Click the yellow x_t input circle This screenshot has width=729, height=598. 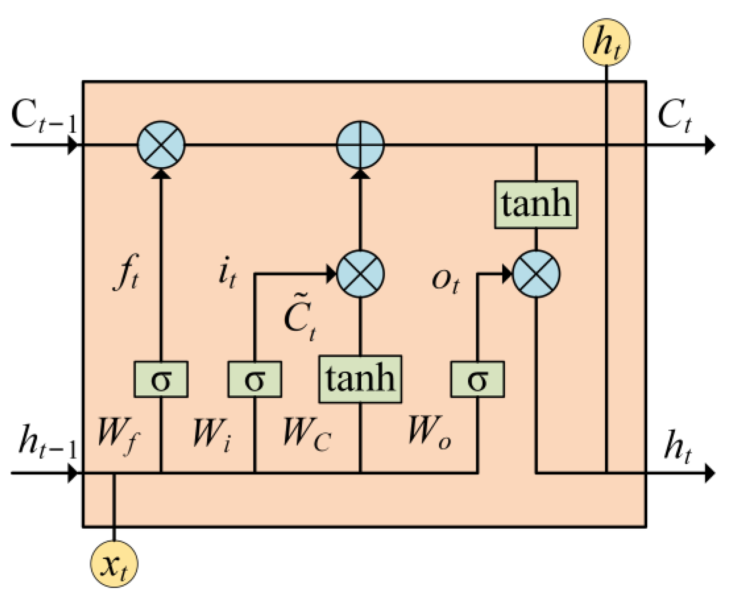point(114,564)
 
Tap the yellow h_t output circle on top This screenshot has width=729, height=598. point(606,43)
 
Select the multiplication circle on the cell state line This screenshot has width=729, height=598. point(161,145)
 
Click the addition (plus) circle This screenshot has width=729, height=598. point(361,145)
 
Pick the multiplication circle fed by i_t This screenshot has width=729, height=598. point(361,274)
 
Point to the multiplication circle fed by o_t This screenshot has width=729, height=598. point(536,274)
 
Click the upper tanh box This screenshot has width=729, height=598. point(536,204)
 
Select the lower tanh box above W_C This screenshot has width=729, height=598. point(360,379)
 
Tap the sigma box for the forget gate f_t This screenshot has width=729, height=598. point(161,380)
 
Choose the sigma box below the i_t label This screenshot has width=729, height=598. point(255,380)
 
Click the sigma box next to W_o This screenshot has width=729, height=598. point(477,380)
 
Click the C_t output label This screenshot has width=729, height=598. point(674,115)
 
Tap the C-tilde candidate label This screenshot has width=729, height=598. point(300,319)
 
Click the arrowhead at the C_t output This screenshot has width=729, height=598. point(710,145)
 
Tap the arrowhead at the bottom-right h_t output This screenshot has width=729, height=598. point(710,473)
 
